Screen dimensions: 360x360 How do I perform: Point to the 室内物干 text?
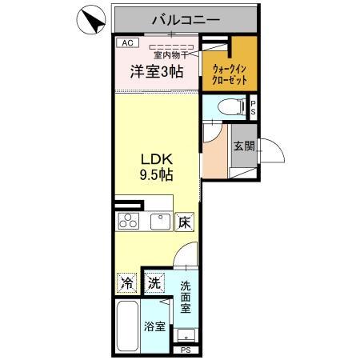point(171,55)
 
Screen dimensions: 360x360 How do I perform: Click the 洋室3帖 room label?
point(157,71)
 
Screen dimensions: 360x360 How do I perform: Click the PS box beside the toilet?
point(254,106)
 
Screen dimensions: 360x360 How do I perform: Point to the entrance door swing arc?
point(273,150)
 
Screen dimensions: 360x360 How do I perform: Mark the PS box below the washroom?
point(186,350)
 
